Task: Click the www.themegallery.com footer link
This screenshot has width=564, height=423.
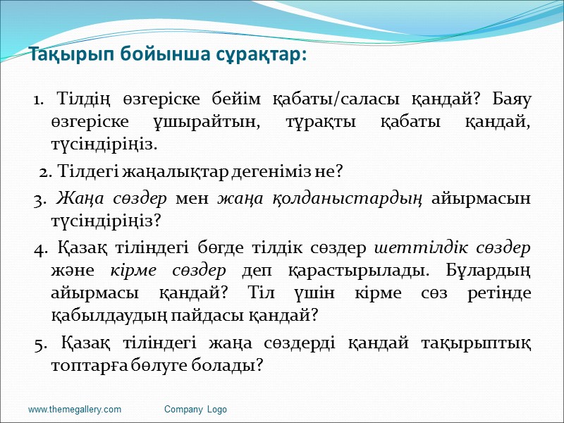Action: coord(75,410)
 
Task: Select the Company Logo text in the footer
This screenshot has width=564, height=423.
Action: coord(195,410)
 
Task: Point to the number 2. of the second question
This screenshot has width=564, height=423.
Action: coord(46,171)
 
